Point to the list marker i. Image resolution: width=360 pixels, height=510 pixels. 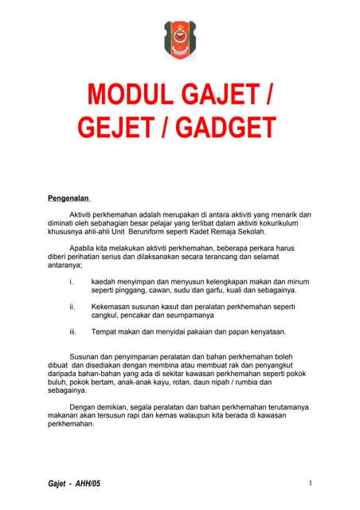pyautogui.click(x=72, y=281)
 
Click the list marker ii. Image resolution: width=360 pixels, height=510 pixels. pyautogui.click(x=72, y=306)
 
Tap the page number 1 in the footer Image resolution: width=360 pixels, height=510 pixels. pyautogui.click(x=309, y=484)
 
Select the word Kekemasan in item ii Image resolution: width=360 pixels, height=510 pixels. pyautogui.click(x=113, y=306)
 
